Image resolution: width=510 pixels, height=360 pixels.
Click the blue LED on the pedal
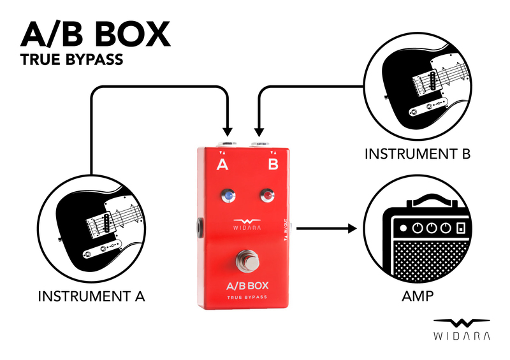tap(226, 195)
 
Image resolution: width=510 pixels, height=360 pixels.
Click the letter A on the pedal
tap(222, 165)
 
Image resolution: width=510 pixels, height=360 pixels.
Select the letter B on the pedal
tap(273, 165)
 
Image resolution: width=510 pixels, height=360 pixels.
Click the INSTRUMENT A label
tap(92, 296)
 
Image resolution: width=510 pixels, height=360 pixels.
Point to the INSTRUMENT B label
tap(418, 154)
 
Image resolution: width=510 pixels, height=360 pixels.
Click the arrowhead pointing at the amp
tap(351, 227)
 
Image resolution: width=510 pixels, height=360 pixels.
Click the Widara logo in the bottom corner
tap(462, 328)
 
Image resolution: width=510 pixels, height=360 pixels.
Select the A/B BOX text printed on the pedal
tap(245, 285)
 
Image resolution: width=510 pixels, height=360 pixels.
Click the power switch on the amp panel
tap(460, 228)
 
